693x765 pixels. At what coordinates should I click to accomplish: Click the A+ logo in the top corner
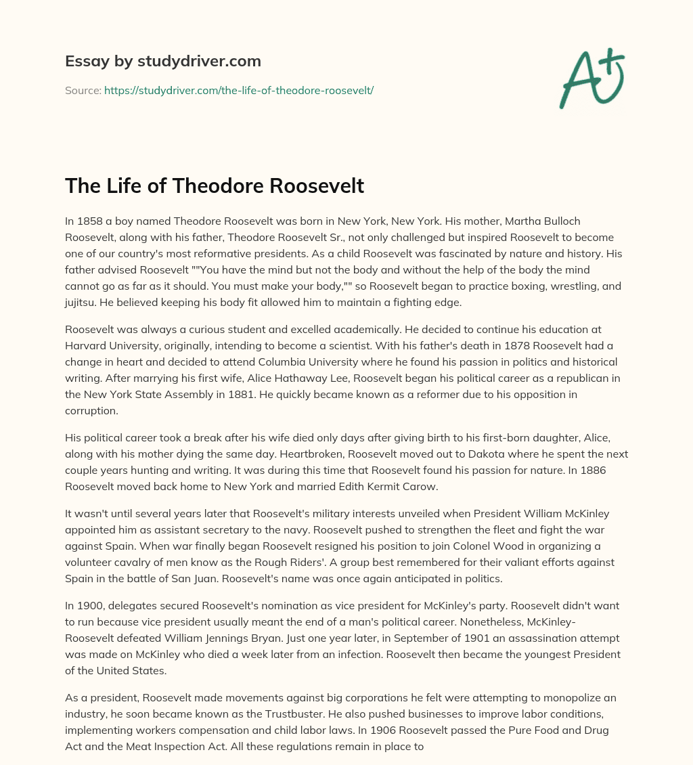pos(591,79)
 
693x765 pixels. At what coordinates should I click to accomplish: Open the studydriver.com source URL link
pos(238,90)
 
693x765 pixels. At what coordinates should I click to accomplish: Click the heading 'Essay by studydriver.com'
pos(162,61)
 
